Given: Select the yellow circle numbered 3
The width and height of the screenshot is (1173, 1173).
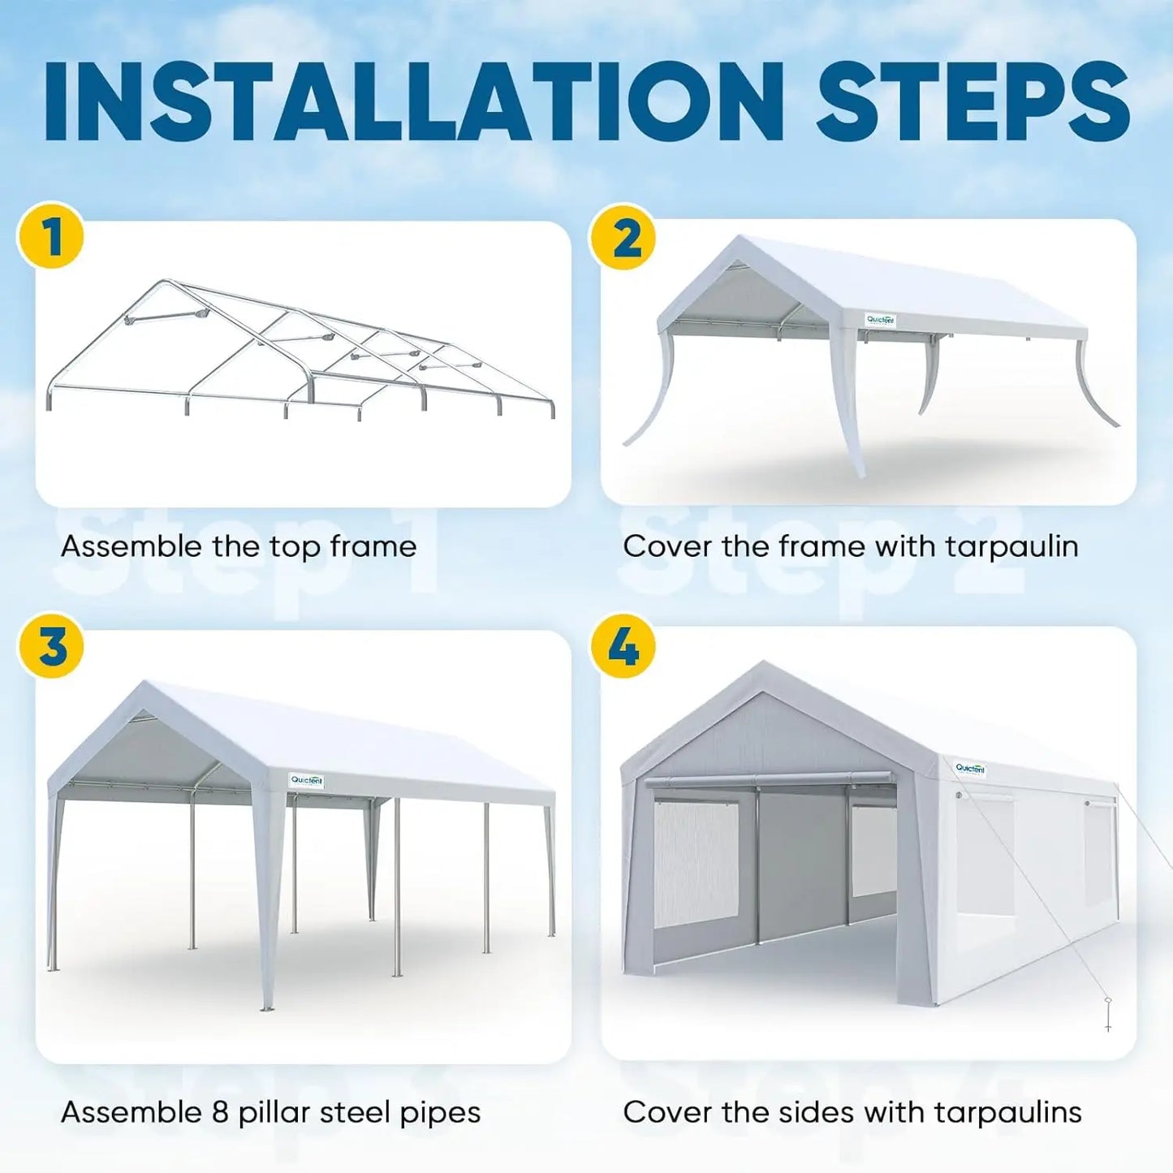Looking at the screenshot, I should pos(50,646).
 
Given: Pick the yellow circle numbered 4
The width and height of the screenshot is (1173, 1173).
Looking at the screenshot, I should pos(623,646).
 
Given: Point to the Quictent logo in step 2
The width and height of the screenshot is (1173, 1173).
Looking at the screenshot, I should pos(880,320).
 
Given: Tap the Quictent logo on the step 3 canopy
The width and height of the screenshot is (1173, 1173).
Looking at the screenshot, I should pos(307,780).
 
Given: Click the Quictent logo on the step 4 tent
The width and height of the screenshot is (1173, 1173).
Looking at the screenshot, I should pos(970,768).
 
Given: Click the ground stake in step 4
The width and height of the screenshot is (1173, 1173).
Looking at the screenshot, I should pos(1108,1015).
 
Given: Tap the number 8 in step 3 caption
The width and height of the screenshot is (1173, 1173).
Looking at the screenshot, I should pos(220,1112).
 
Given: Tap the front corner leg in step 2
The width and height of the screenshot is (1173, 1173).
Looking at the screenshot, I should pos(850,406).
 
